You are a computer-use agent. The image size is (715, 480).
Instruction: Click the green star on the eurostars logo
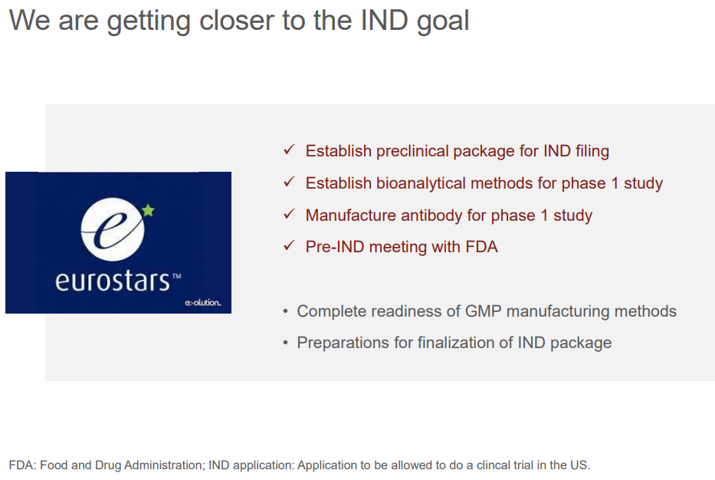tap(148, 210)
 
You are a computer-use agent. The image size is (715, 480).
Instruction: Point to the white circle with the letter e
tap(113, 229)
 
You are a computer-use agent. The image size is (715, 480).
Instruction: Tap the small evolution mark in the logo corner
tap(203, 303)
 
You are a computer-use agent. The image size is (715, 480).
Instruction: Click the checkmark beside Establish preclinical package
tap(289, 150)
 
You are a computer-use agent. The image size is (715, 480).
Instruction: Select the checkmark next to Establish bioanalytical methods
tap(289, 182)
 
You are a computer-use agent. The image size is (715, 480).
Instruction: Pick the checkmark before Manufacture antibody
tap(289, 213)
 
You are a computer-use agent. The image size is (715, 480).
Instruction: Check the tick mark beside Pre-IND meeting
tap(289, 245)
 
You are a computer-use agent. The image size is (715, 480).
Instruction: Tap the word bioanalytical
tap(421, 183)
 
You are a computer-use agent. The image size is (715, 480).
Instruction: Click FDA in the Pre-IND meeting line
tap(481, 247)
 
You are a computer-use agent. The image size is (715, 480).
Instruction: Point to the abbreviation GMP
tap(483, 311)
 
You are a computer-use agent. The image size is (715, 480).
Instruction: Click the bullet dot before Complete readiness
tap(285, 311)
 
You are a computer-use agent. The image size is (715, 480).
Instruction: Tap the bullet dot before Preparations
tap(285, 343)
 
